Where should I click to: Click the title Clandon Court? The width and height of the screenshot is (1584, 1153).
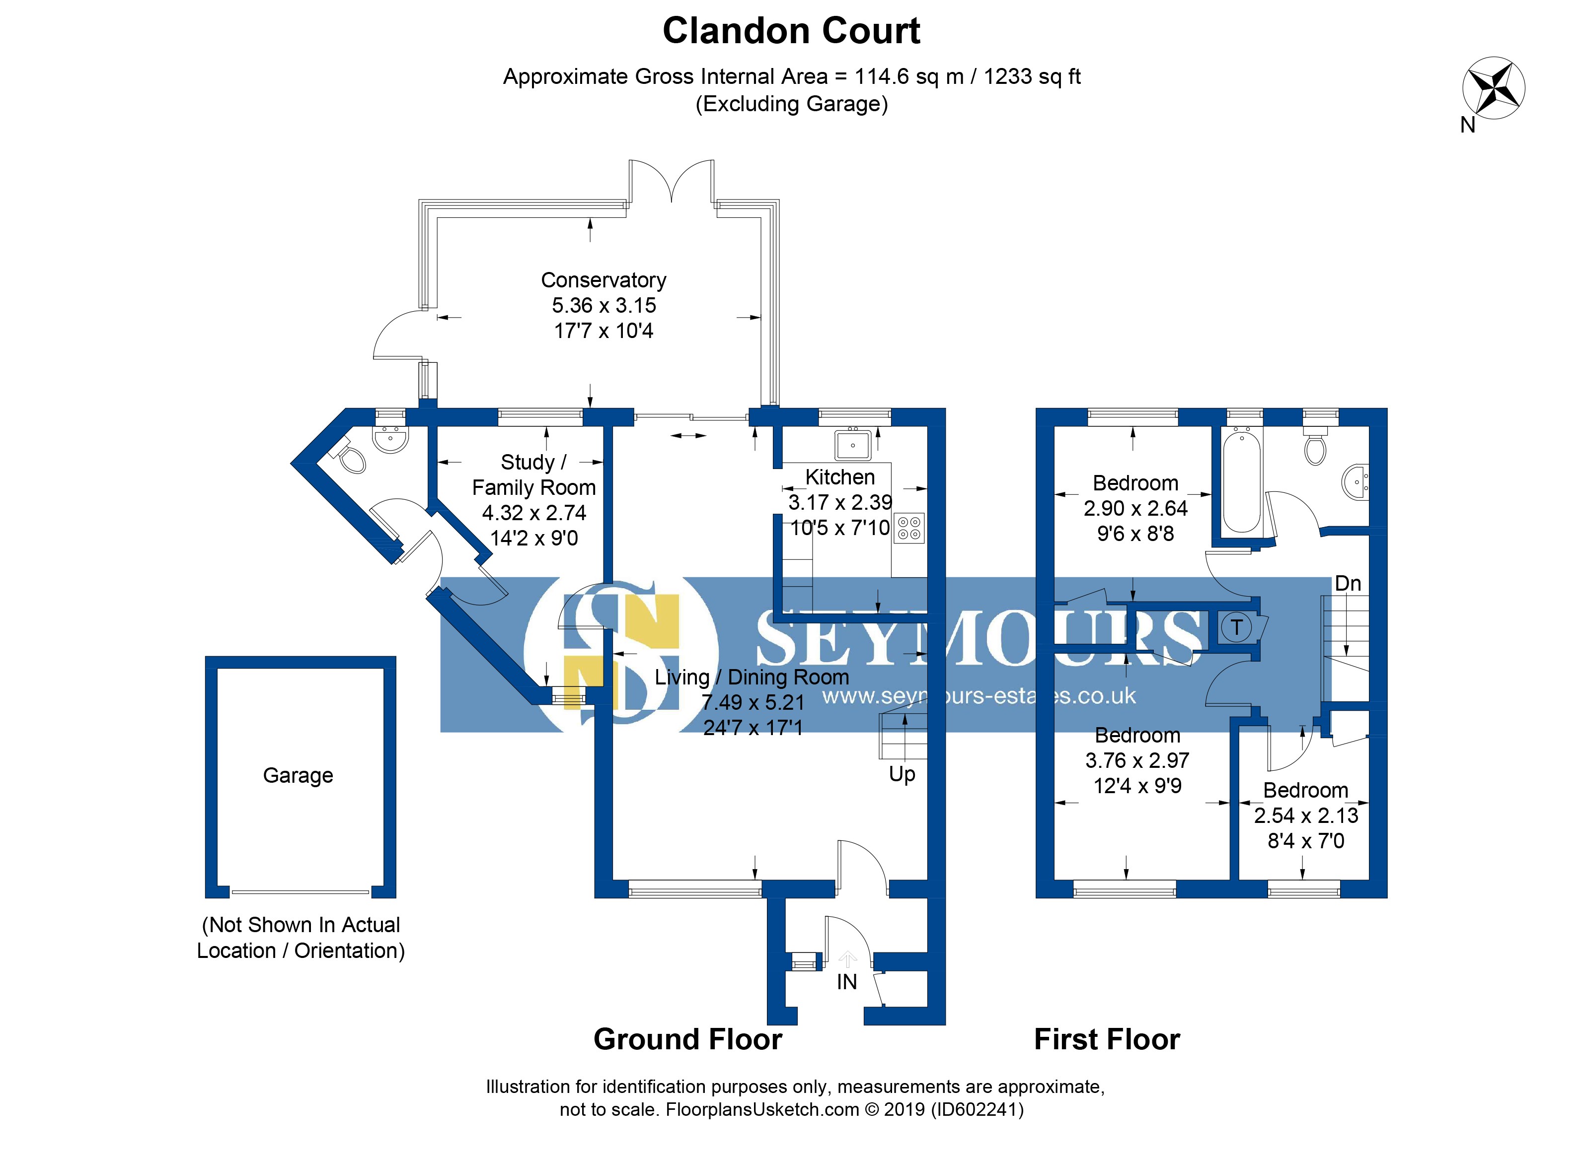point(791,31)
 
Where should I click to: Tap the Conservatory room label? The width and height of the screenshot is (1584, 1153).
point(603,280)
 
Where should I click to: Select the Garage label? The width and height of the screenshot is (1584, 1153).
point(298,775)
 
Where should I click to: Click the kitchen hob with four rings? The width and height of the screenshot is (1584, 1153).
point(908,528)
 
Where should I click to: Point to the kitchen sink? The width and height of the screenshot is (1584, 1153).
point(853,445)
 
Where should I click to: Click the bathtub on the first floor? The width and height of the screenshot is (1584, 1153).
point(1242,481)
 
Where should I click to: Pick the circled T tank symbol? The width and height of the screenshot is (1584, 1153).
point(1236,627)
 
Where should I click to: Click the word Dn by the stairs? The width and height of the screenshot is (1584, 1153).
point(1347,584)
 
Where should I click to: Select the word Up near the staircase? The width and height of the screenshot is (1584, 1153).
point(902,774)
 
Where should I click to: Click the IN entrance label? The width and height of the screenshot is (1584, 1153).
point(846,982)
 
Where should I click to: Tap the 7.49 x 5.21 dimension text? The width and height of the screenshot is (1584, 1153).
point(753,702)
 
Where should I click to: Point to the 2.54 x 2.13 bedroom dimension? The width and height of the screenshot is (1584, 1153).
point(1305,815)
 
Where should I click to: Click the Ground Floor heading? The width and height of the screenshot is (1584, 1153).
point(687,1039)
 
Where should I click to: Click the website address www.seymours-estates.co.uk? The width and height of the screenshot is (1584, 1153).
point(978,696)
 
